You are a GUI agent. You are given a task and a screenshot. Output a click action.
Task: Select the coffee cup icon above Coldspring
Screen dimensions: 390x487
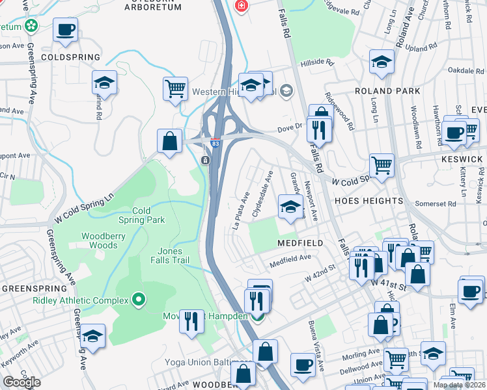[65, 29]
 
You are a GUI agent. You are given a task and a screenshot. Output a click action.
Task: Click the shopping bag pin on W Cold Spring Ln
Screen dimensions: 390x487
[169, 140]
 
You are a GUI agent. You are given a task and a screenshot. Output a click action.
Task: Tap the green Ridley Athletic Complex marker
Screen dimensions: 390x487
[138, 300]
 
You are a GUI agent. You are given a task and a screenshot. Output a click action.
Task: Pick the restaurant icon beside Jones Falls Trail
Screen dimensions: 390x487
[191, 321]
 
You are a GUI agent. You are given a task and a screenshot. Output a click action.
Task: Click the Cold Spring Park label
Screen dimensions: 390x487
[148, 215]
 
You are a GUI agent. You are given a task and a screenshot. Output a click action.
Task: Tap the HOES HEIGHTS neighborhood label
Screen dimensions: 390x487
[359, 201]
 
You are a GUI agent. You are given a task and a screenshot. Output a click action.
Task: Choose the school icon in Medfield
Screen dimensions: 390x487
[290, 207]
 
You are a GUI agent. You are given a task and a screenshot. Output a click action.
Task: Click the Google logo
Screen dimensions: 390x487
[21, 382]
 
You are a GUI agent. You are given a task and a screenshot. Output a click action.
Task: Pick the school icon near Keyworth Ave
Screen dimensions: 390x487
[93, 335]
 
